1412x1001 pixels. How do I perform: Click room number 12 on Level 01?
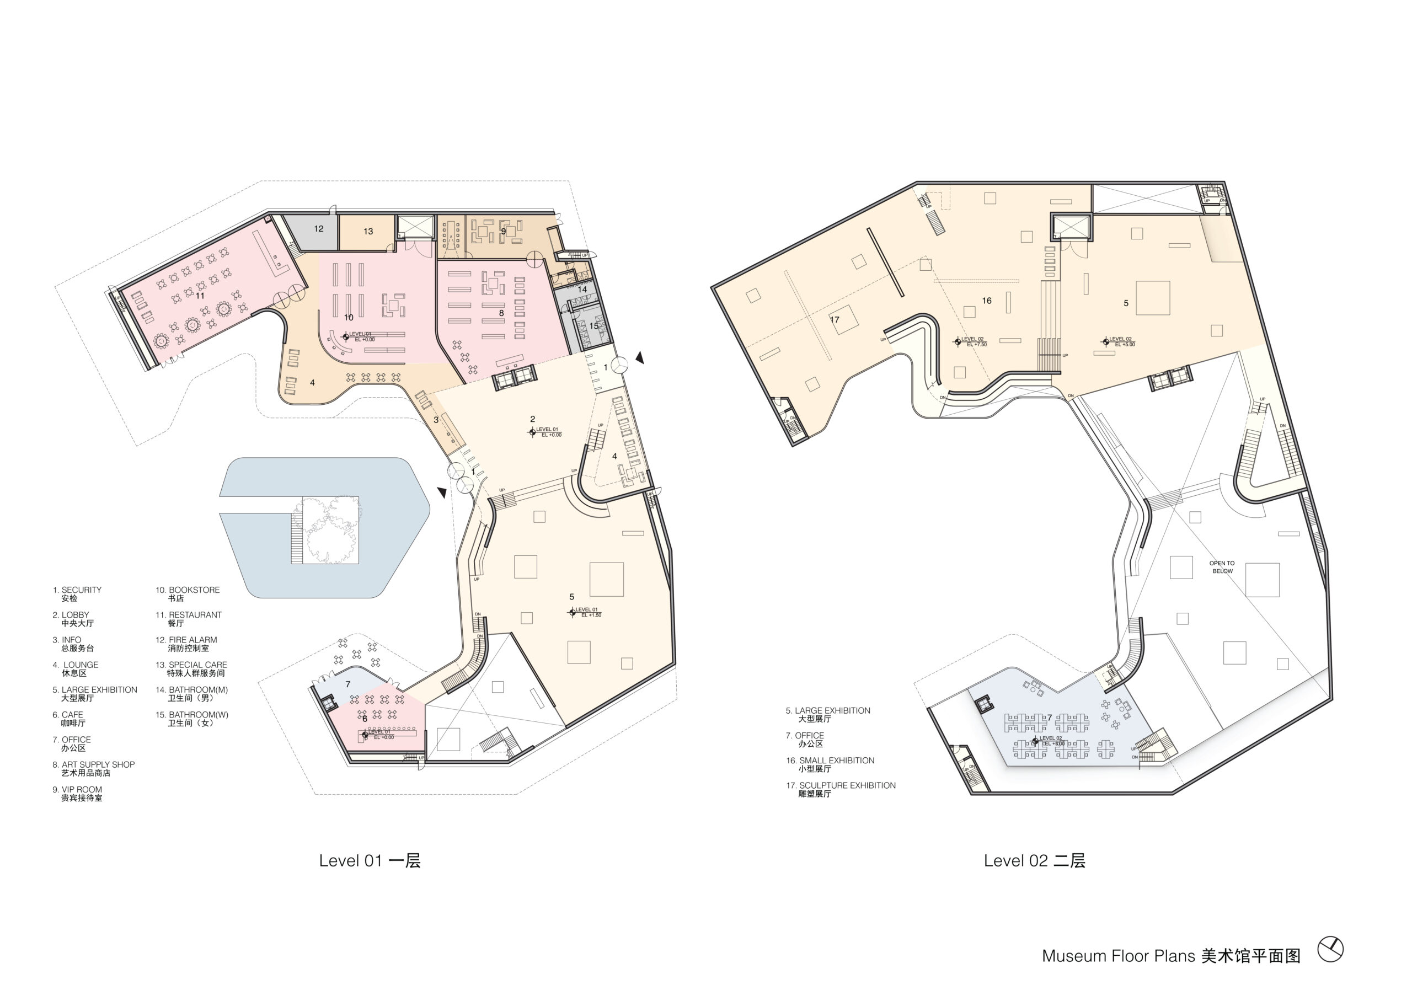coord(319,229)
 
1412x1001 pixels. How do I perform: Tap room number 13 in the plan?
coord(368,231)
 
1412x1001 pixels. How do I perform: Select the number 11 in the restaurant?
coord(200,296)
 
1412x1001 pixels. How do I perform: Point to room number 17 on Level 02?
coord(835,320)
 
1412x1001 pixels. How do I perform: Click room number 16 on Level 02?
coord(987,301)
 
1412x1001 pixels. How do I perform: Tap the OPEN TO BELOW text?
coord(1222,567)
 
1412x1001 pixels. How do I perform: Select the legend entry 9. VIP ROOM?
coord(78,793)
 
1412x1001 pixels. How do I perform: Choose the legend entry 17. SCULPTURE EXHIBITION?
coord(841,790)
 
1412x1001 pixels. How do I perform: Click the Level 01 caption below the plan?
coord(370,861)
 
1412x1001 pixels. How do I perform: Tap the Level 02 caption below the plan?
coord(1034,861)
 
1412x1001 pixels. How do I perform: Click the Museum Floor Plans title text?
coord(1170,956)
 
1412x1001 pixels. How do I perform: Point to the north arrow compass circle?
coord(1330,950)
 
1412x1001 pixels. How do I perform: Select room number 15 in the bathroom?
coord(593,325)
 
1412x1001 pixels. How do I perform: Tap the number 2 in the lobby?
coord(532,419)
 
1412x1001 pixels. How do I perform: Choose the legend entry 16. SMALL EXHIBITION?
coord(830,764)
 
